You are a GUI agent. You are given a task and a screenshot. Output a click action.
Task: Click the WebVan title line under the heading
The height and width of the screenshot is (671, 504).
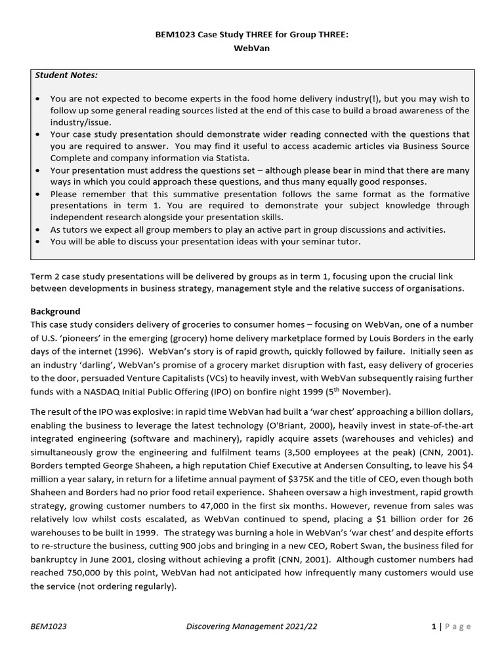[x=253, y=49]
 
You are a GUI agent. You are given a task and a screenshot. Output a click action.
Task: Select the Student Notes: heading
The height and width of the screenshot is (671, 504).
[x=66, y=75]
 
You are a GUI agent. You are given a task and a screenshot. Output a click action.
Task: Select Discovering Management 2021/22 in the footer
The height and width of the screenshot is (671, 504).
[x=251, y=626]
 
